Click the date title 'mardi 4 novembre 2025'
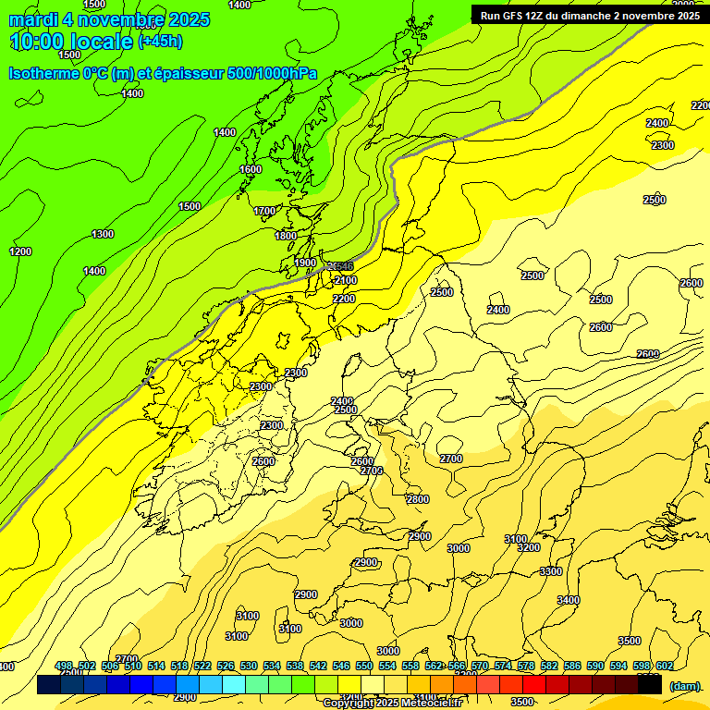pyautogui.click(x=109, y=19)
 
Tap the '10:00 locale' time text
pyautogui.click(x=71, y=42)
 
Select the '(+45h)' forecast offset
pyautogui.click(x=161, y=42)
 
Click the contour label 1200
pyautogui.click(x=20, y=251)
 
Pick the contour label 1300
pyautogui.click(x=103, y=234)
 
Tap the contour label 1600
pyautogui.click(x=251, y=169)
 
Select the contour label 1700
pyautogui.click(x=264, y=211)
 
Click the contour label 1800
pyautogui.click(x=286, y=236)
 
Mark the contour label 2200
pyautogui.click(x=344, y=299)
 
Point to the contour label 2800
pyautogui.click(x=418, y=499)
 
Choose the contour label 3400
pyautogui.click(x=569, y=600)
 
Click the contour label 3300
pyautogui.click(x=551, y=571)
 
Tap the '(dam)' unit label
pyautogui.click(x=683, y=685)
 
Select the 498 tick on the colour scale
pyautogui.click(x=64, y=666)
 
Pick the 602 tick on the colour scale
pyautogui.click(x=665, y=666)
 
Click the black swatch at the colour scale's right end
pyautogui.click(x=650, y=685)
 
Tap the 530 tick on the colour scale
pyautogui.click(x=249, y=666)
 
